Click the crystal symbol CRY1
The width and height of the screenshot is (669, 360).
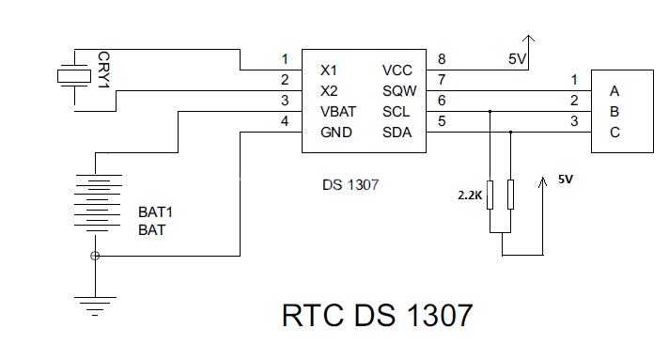[x=74, y=76]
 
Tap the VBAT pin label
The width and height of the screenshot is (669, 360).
[x=338, y=112]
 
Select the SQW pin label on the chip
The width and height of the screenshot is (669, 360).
[x=399, y=91]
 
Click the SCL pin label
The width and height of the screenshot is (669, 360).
[x=396, y=112]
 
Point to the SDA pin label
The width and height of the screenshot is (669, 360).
[x=397, y=133]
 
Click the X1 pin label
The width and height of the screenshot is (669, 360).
[x=329, y=70]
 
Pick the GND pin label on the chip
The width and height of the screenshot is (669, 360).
[x=336, y=133]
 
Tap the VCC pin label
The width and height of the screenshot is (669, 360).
[x=397, y=70]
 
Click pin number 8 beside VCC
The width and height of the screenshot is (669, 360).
[x=442, y=59]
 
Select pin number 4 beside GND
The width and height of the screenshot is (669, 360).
[x=285, y=121]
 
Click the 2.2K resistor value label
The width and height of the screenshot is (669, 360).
[x=470, y=196]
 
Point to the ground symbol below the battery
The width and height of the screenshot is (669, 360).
[x=95, y=306]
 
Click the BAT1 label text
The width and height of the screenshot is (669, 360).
[x=155, y=212]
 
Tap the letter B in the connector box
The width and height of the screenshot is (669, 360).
[x=615, y=112]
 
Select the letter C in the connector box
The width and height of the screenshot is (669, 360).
[x=615, y=133]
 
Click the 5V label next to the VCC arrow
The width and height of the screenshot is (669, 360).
[x=517, y=59]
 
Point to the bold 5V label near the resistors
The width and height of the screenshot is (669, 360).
[x=566, y=180]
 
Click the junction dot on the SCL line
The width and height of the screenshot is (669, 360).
[x=490, y=112]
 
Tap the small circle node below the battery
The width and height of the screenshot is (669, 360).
[x=95, y=256]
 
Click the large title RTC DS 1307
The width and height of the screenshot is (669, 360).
[x=377, y=316]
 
